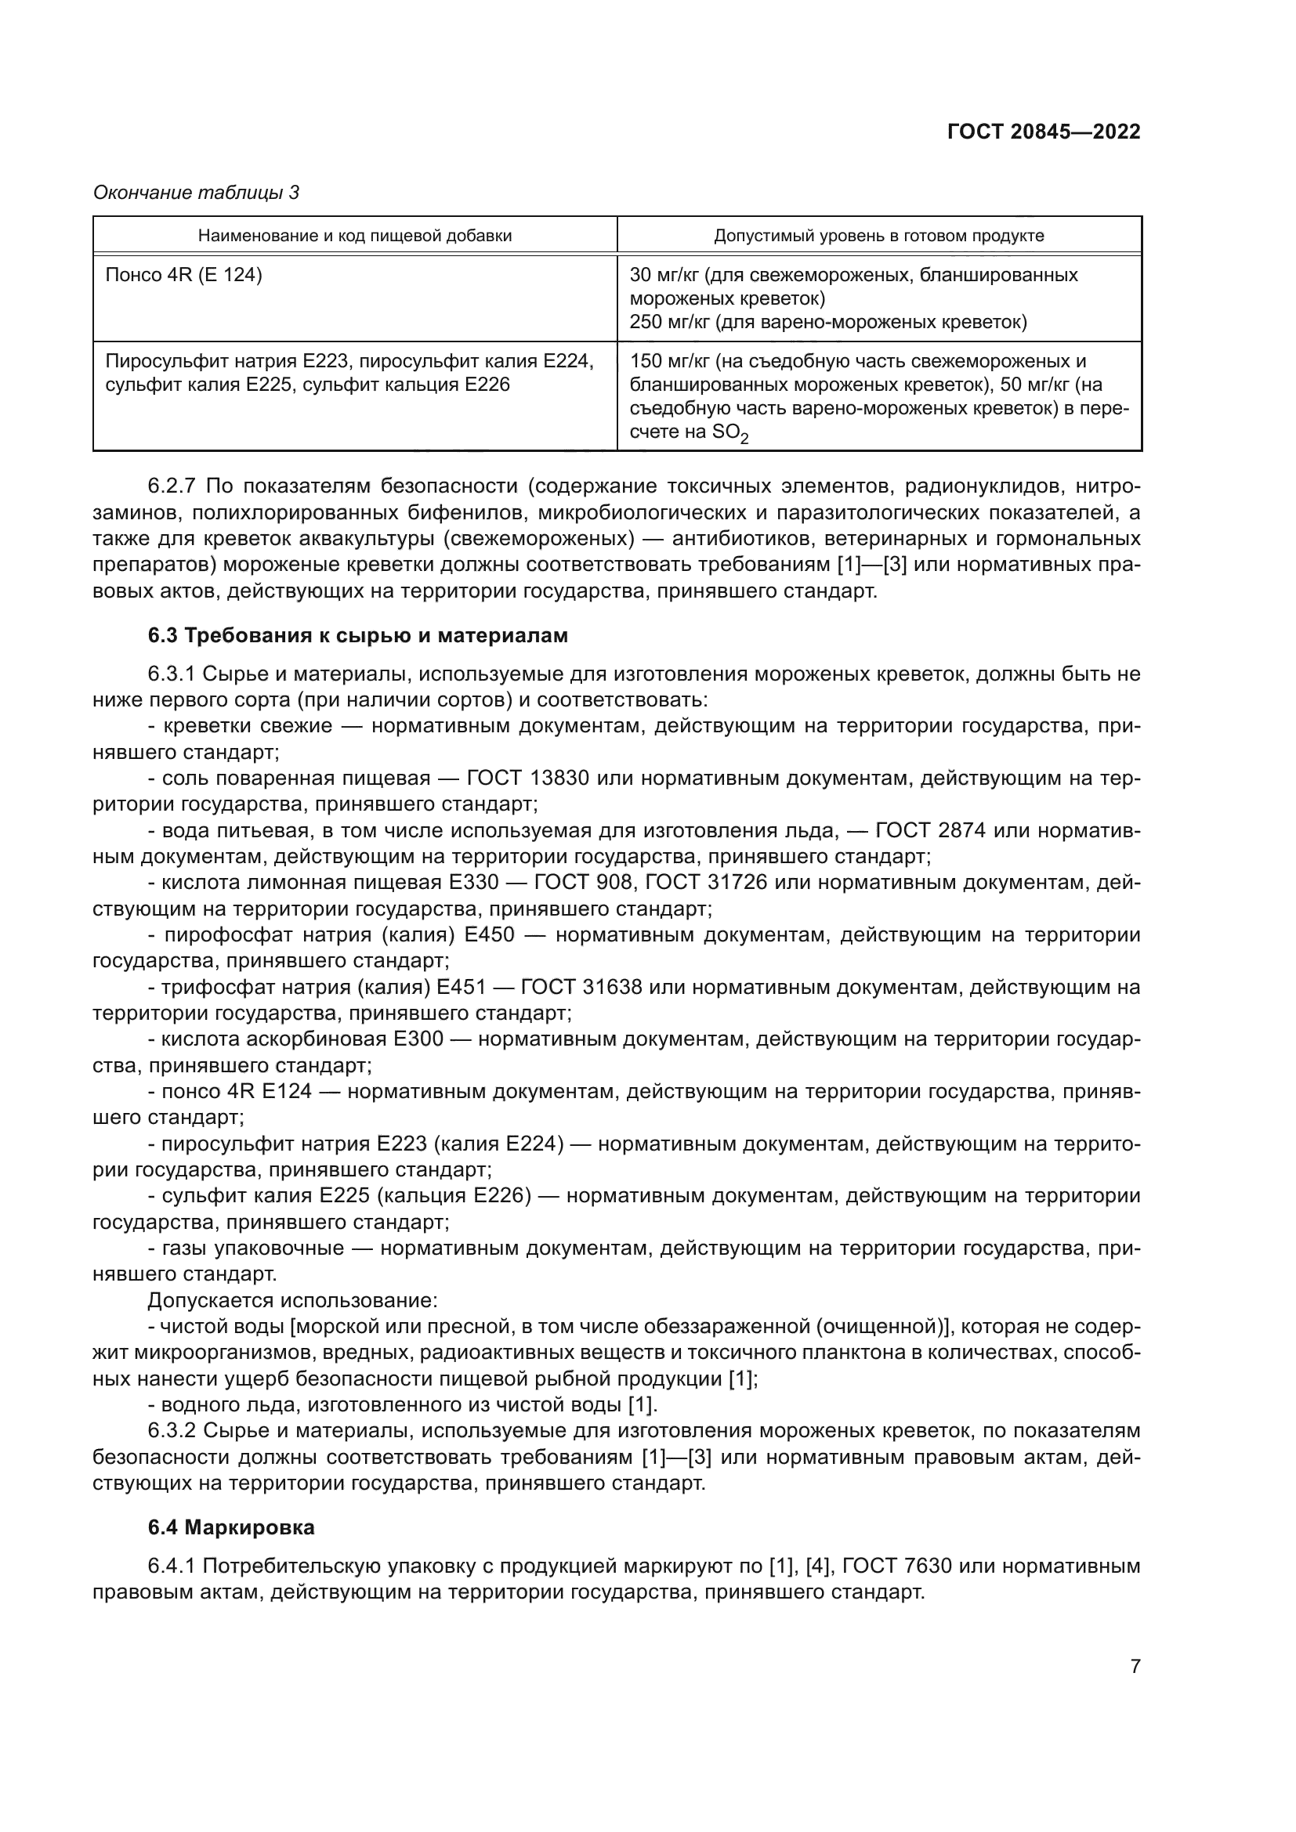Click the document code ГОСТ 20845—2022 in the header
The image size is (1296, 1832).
tap(1043, 132)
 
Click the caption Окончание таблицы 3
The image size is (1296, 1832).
tap(196, 193)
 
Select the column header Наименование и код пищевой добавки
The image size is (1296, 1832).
tap(354, 236)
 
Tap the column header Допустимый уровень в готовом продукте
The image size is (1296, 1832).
tap(878, 236)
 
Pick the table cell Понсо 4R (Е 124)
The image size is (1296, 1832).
tap(183, 275)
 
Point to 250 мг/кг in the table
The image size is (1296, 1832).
tap(668, 323)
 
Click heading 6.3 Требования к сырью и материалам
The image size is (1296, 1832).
tap(357, 635)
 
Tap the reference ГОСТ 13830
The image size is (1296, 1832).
tap(527, 777)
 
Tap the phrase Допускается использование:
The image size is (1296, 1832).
tap(292, 1301)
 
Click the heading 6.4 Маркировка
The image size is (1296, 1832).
tap(230, 1527)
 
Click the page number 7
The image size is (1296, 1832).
tap(1135, 1666)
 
